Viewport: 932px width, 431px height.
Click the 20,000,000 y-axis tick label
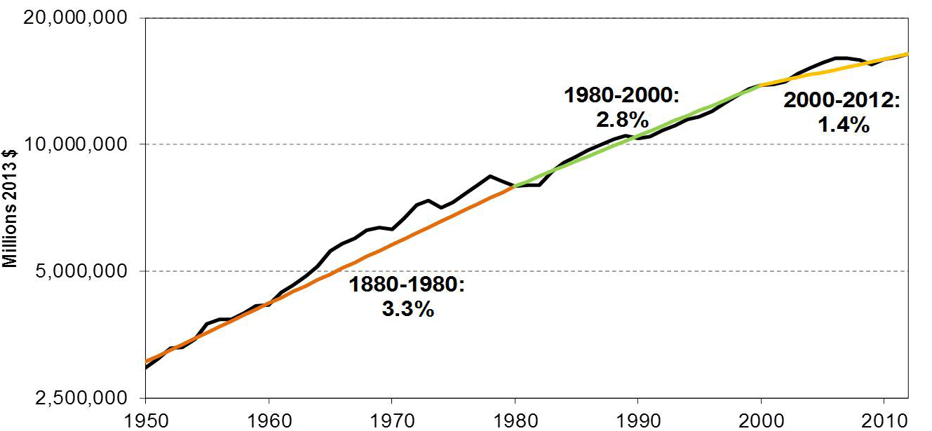click(x=75, y=18)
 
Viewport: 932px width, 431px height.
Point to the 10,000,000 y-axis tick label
click(x=75, y=144)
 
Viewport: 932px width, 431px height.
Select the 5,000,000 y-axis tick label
click(x=81, y=271)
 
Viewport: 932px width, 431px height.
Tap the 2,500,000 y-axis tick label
click(x=81, y=398)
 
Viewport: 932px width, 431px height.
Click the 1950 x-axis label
click(x=147, y=421)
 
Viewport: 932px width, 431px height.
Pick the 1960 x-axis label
click(x=269, y=421)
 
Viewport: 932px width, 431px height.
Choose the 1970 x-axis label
click(x=392, y=421)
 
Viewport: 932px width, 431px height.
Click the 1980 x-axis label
click(x=515, y=421)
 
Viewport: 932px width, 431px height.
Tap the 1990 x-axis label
click(x=638, y=421)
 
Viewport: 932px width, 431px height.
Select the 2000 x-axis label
click(x=762, y=421)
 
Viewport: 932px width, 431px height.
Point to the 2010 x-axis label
click(x=884, y=421)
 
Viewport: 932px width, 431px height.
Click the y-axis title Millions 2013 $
click(x=10, y=209)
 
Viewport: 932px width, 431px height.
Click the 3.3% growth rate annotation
click(x=407, y=309)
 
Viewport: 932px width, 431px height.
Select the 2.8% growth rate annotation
click(x=623, y=120)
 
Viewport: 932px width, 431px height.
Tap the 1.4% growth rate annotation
click(x=844, y=124)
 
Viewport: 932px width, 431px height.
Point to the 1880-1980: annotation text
click(x=407, y=285)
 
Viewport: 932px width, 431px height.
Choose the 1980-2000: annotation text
click(x=621, y=95)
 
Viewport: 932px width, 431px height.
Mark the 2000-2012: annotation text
click(x=842, y=101)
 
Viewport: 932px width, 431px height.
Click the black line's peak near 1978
click(x=491, y=176)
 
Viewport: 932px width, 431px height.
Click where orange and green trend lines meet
click(x=515, y=186)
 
